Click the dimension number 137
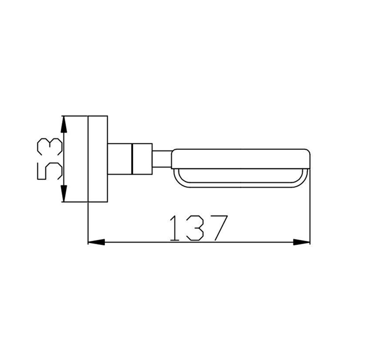point(199,228)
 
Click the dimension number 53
point(50,159)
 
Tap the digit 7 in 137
point(218,228)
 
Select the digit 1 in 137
point(174,228)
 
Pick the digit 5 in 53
point(50,170)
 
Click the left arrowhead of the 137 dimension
point(96,242)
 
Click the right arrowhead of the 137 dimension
point(302,242)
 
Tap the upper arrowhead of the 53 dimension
point(64,124)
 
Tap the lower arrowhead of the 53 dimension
point(64,194)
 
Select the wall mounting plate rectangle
point(98,159)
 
